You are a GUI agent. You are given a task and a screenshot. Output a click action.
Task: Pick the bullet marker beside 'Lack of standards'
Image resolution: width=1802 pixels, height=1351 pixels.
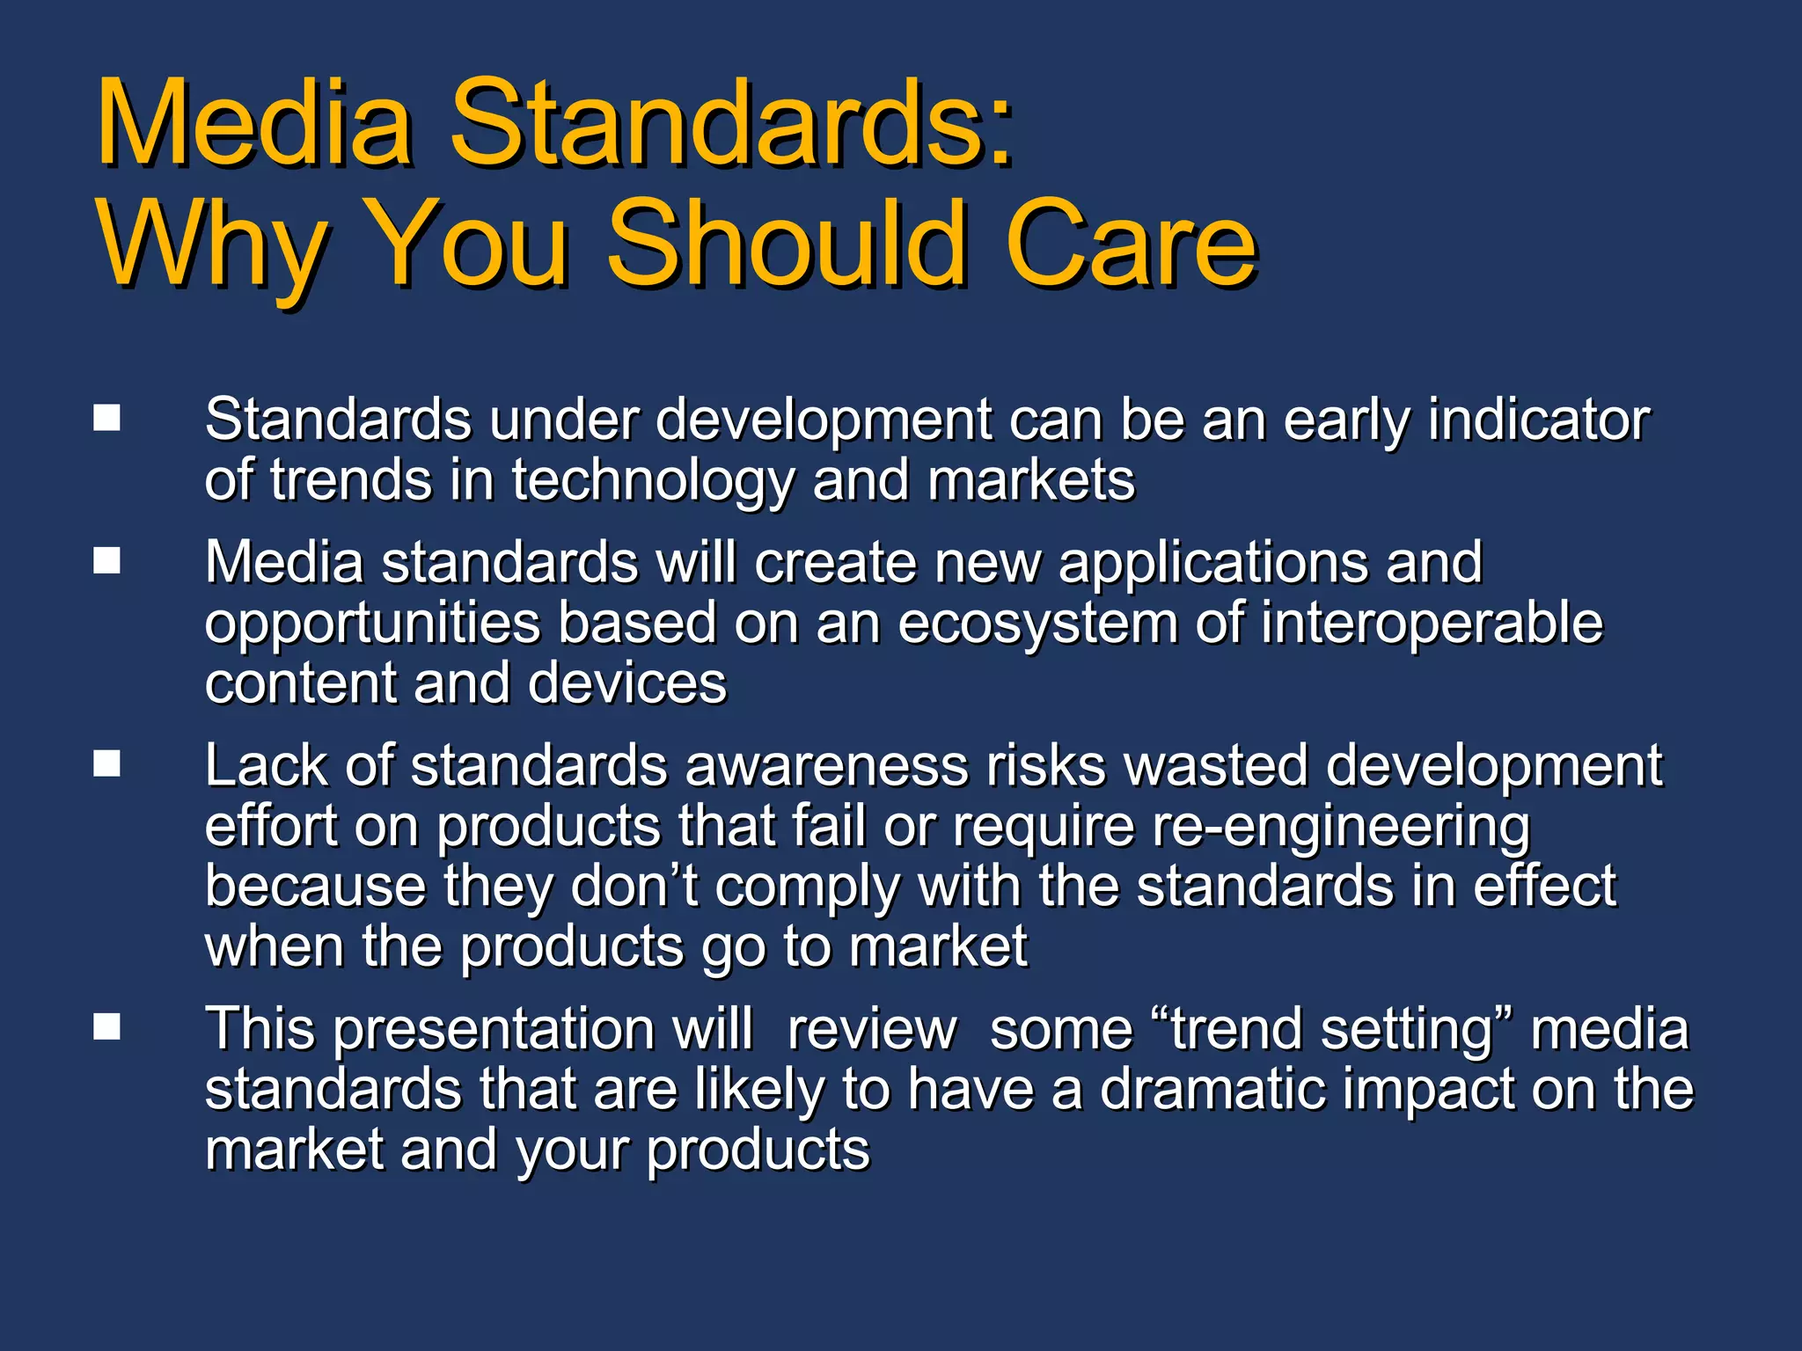[107, 763]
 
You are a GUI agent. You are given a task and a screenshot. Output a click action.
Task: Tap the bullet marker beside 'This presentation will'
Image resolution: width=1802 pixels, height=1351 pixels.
[107, 1026]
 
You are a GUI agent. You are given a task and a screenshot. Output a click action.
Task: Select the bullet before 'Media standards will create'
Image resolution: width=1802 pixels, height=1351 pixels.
[107, 560]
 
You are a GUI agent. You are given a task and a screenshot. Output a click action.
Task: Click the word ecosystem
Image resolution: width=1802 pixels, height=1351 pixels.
[1037, 624]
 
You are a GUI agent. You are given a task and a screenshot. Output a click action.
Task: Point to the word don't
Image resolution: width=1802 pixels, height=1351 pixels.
[634, 886]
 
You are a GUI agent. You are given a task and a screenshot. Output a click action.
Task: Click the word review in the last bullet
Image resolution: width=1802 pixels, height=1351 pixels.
[871, 1029]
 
